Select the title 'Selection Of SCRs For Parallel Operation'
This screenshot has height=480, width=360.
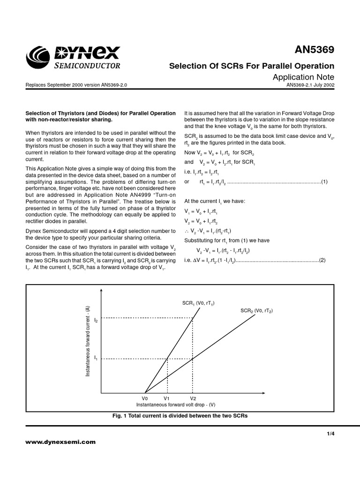tap(251, 66)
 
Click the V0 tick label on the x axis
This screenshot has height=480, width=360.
tap(145, 398)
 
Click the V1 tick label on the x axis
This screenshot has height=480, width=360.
tap(167, 398)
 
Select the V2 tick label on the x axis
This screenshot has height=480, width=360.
tap(193, 398)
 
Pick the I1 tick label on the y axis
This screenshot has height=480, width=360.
tap(96, 358)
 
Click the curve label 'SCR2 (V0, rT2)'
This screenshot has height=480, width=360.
tap(256, 311)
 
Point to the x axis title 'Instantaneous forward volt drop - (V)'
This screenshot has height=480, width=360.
tap(176, 404)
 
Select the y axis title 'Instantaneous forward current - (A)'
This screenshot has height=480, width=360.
tap(88, 341)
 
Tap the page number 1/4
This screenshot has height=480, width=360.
tap(331, 434)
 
